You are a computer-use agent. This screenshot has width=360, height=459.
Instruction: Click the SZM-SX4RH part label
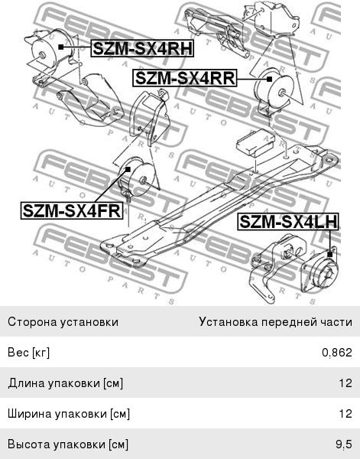pos(142,48)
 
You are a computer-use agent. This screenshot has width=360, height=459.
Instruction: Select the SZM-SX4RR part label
pos(185,78)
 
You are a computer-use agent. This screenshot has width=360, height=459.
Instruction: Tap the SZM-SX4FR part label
pos(72,210)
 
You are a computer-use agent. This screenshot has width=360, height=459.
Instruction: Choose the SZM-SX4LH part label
pos(288,222)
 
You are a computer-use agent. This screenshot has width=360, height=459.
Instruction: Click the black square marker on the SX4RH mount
pos(61,47)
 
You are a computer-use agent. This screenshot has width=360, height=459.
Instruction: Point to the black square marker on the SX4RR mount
pos(269,79)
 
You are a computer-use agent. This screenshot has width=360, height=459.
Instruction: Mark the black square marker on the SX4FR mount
pos(128,169)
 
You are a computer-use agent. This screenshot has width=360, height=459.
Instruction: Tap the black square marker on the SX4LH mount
pos(330,255)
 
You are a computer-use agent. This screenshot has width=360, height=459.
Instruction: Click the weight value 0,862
pos(337,352)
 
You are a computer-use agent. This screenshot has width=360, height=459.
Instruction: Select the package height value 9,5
pos(344,444)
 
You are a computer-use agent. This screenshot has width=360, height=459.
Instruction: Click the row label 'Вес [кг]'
pos(28,352)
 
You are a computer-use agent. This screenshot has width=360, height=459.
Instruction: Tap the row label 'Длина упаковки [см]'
pos(66,383)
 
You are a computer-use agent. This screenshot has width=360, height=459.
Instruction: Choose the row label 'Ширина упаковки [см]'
pos(69,414)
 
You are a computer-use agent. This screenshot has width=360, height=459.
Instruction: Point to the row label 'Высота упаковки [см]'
pos(68,444)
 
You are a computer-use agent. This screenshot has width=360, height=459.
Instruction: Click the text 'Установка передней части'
pos(276,322)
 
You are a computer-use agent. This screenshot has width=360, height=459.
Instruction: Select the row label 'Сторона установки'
pos(63,322)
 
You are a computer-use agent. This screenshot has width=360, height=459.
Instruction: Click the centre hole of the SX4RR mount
pos(283,93)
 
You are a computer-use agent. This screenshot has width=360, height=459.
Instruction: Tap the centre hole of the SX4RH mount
pos(42,55)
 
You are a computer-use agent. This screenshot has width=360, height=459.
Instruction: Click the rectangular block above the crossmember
pos(256,142)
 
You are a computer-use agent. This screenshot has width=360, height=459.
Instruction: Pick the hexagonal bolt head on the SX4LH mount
pos(330,275)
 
